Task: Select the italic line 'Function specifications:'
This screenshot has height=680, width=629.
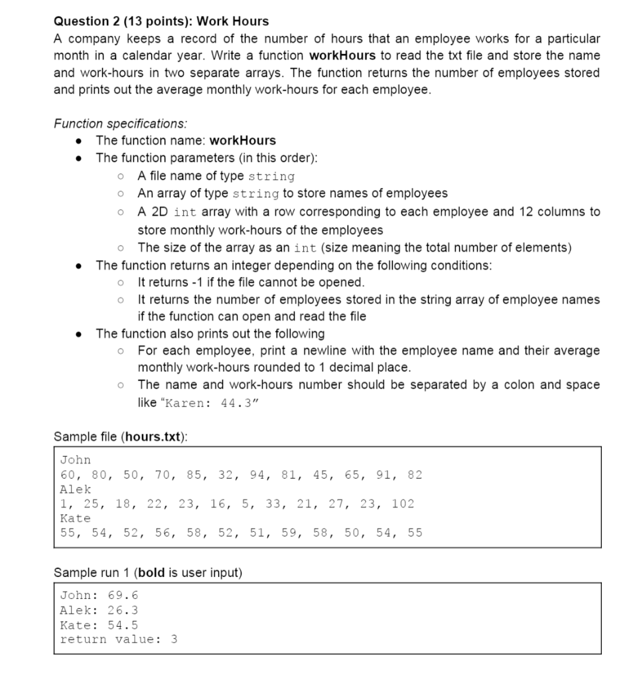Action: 119,124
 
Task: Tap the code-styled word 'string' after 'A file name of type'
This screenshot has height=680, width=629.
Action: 271,177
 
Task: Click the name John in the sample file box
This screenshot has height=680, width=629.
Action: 75,460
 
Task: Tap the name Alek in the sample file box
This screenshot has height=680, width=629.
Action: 75,489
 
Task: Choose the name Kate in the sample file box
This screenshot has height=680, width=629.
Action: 75,518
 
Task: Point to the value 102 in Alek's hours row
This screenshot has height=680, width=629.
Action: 403,503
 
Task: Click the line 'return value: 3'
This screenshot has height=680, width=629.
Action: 118,639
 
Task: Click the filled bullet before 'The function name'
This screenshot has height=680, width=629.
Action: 80,141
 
